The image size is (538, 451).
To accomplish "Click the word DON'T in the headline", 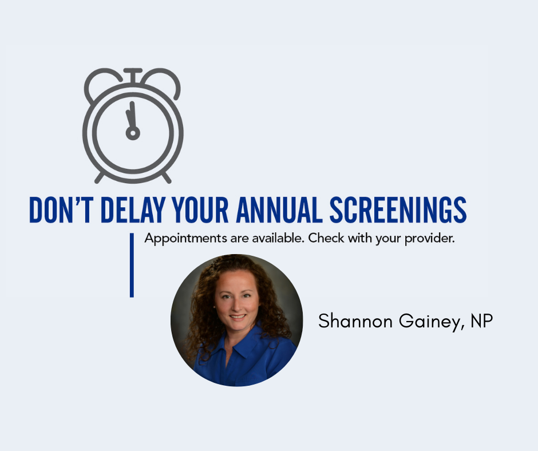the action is (x=61, y=209).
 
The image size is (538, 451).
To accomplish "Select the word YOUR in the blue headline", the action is (x=200, y=209).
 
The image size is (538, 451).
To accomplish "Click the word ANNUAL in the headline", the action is (x=279, y=209).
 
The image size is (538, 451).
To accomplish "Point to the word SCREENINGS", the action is (x=398, y=209).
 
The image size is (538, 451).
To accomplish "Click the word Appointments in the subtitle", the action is (x=185, y=239).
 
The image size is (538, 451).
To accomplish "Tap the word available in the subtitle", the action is (x=278, y=238).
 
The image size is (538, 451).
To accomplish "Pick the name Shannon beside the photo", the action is (x=355, y=321).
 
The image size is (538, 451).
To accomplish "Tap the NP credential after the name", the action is (x=482, y=321).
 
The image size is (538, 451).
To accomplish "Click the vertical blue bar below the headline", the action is (x=132, y=265).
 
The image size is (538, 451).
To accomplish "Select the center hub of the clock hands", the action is (x=133, y=133).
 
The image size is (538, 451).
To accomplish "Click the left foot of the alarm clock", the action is (x=99, y=178).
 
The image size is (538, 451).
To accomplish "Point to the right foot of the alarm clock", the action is (x=167, y=178).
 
